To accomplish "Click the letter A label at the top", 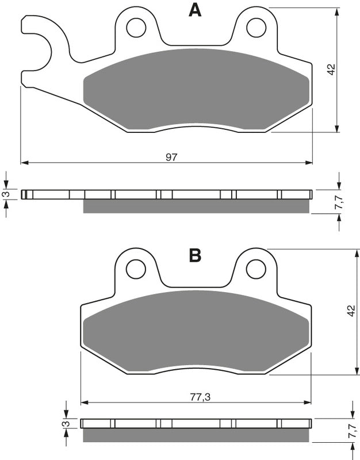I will pyautogui.click(x=196, y=10).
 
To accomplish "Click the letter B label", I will pyautogui.click(x=196, y=256).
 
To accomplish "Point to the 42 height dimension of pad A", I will pyautogui.click(x=331, y=70).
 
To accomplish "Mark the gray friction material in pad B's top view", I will pyautogui.click(x=196, y=331).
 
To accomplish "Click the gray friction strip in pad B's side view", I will pyautogui.click(x=196, y=436).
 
